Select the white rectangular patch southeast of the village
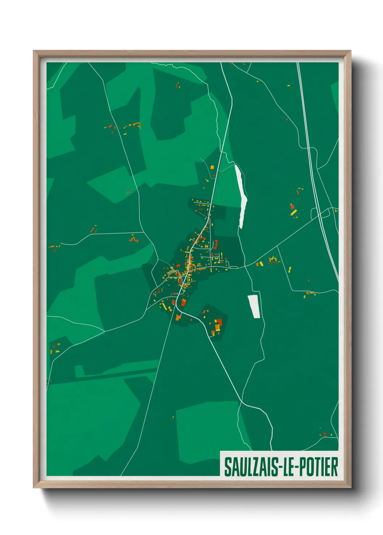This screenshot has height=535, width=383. tap(254, 306)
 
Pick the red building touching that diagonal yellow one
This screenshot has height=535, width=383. tap(292, 207)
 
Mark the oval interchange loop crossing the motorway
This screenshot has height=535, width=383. tap(325, 213)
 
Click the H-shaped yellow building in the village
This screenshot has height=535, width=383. tap(206, 246)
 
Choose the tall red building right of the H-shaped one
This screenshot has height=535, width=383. tap(216, 245)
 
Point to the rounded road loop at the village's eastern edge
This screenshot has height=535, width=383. tap(233, 267)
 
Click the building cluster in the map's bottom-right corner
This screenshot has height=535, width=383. tap(323, 433)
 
